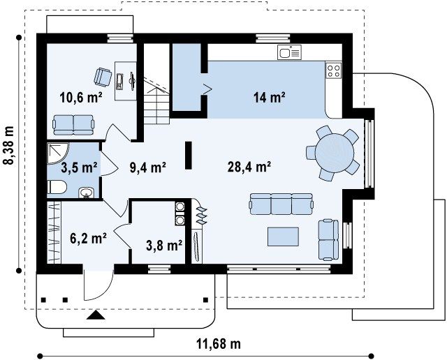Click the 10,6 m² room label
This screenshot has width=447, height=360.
point(81,98)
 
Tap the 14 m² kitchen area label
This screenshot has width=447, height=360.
point(270,98)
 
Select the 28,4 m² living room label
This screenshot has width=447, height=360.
point(249,167)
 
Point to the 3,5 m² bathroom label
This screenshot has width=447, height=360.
point(79,167)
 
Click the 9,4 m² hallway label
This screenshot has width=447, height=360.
point(147,167)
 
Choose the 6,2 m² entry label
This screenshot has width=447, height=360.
point(89,238)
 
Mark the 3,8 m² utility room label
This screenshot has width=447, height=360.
point(164,245)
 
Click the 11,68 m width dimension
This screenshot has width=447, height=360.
point(219,344)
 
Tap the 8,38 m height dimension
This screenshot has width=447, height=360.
point(8,146)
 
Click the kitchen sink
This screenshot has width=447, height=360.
point(289,52)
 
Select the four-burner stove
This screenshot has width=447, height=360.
point(334,70)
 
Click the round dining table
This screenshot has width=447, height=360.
point(335,153)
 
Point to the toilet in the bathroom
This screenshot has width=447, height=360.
point(57,187)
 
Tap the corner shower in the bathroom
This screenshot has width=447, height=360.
point(57,153)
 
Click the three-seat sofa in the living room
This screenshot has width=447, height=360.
point(281,204)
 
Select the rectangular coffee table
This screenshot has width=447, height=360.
point(283,237)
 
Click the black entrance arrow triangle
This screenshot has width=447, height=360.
point(96,315)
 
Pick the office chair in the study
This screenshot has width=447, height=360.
point(103,77)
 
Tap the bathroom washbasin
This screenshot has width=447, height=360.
point(87,193)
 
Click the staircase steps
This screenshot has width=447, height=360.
point(156,102)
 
